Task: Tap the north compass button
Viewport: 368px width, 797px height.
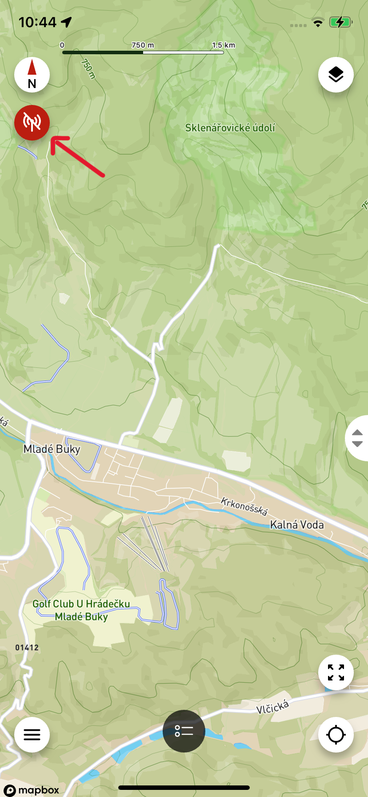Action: pos(32,75)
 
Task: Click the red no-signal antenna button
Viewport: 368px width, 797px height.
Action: pos(32,122)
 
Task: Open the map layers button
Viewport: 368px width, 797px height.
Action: pos(336,75)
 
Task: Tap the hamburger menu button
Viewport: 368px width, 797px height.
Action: pos(32,735)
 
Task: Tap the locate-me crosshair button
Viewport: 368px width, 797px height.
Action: pos(336,735)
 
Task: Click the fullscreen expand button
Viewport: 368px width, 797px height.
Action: pos(336,672)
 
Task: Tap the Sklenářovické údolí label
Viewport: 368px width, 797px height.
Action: pos(230,128)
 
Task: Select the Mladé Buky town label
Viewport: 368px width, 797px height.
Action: pos(52,449)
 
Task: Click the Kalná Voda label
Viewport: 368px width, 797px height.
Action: pos(297,525)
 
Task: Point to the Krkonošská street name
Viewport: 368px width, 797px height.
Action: pos(244,507)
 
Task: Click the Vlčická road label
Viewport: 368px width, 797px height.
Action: pos(273,706)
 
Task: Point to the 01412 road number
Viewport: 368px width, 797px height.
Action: pos(27,648)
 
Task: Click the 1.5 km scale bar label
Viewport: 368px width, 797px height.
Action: pos(224,45)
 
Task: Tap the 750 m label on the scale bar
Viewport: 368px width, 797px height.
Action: pos(143,45)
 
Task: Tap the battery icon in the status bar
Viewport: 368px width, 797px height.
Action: pos(340,22)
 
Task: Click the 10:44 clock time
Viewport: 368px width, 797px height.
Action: pos(38,22)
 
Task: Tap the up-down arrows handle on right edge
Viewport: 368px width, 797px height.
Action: pos(357,438)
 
